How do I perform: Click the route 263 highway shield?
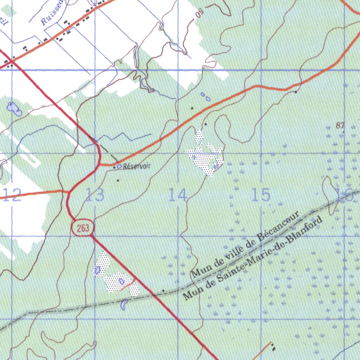[83, 228]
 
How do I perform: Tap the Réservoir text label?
[136, 166]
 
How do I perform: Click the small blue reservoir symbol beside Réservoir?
[119, 166]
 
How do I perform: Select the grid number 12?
[13, 195]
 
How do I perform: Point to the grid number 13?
[95, 195]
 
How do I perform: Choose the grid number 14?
[178, 195]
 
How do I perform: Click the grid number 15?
[261, 195]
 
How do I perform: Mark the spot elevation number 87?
[340, 126]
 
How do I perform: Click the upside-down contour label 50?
[200, 14]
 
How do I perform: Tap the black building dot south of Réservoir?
[118, 181]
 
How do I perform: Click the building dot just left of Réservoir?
[115, 168]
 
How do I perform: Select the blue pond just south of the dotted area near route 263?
[124, 304]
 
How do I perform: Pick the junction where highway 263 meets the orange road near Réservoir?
[101, 164]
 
